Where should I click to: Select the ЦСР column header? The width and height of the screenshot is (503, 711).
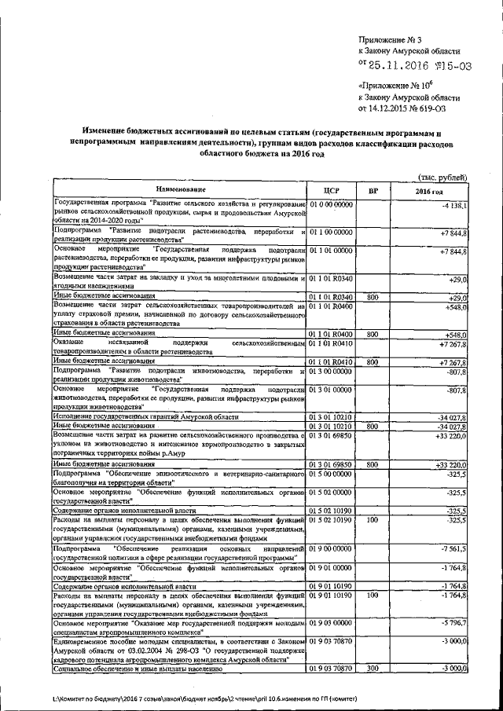330,190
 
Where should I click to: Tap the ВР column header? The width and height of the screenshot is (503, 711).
373,190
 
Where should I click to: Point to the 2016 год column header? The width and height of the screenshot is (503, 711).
429,191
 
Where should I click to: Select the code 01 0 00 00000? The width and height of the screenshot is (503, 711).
331,204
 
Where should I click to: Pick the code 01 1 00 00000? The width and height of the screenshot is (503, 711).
331,233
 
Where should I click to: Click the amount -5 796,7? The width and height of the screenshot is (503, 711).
454,623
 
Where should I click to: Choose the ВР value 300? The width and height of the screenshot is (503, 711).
373,668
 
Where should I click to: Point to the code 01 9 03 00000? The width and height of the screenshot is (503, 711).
331,622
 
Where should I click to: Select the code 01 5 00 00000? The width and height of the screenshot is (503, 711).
331,474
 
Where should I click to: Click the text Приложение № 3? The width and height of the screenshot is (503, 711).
390,38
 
